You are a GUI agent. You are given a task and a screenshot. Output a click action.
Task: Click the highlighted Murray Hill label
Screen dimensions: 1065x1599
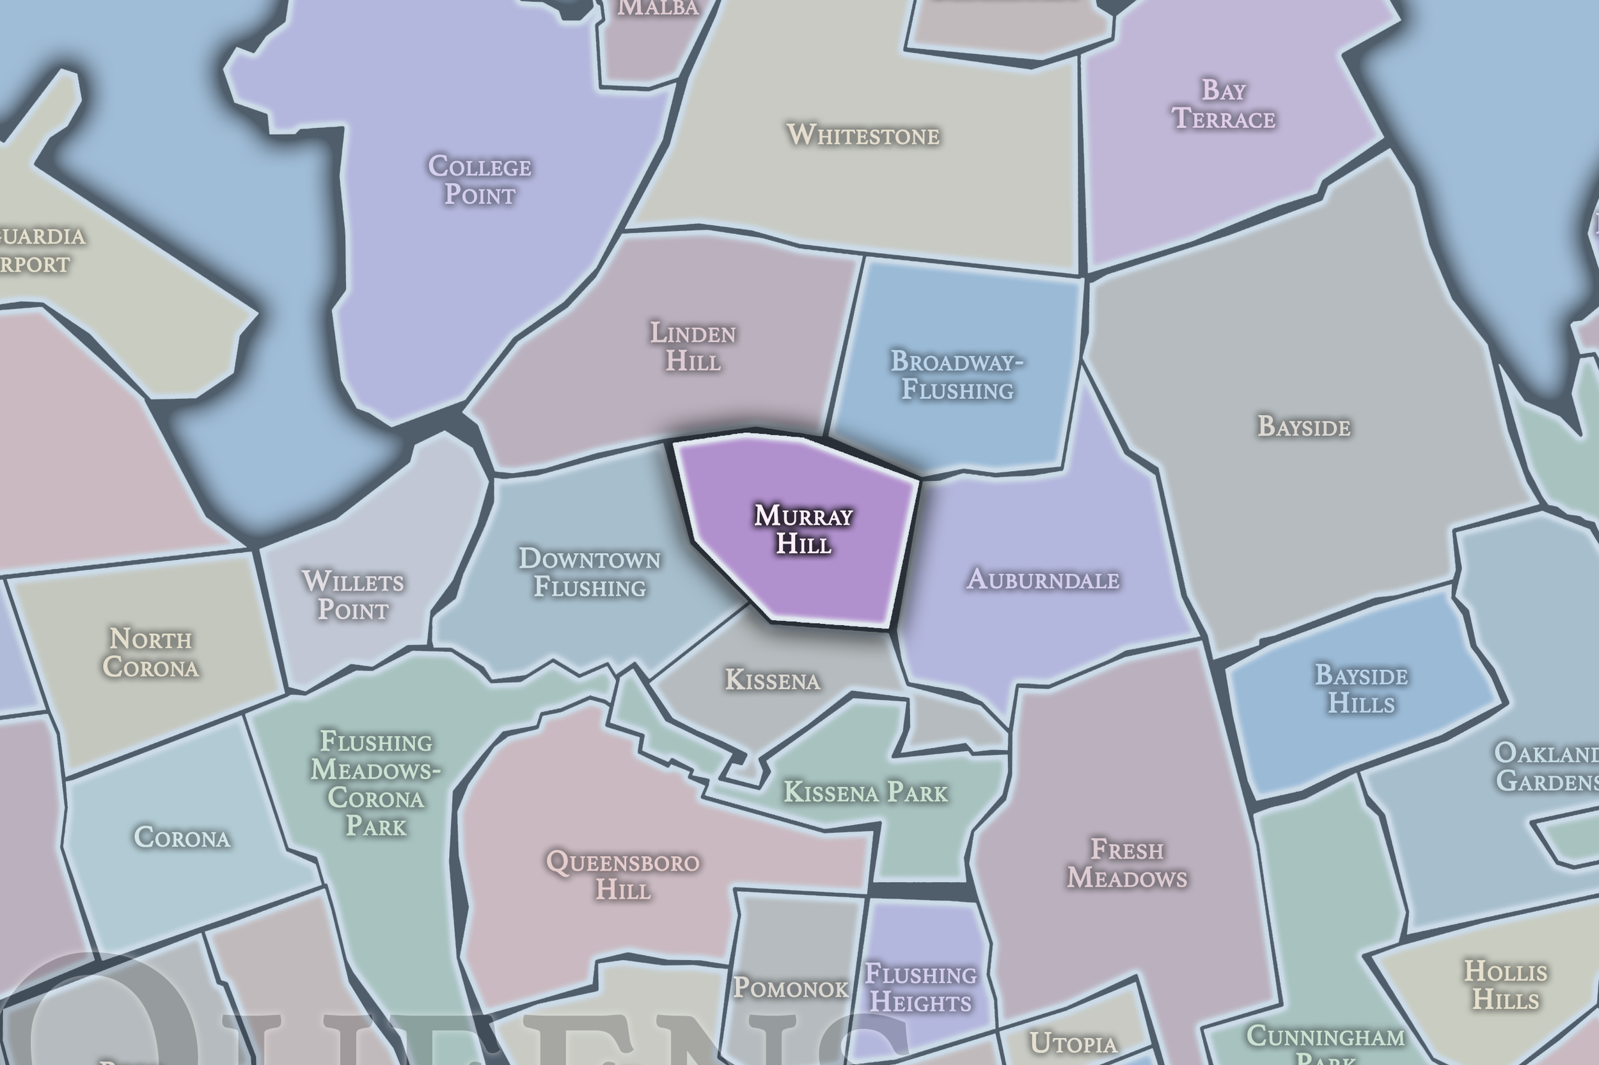coord(803,530)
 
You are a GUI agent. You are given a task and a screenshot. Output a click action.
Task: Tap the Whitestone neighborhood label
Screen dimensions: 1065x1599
coord(863,134)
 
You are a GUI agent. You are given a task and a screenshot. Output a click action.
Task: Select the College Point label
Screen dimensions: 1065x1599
coord(480,180)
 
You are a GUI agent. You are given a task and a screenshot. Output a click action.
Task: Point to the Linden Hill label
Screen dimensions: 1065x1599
coord(693,346)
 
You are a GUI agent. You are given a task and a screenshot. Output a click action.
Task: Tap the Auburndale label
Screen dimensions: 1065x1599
coord(1043,579)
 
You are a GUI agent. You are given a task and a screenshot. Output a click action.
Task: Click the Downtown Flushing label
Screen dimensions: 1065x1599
coord(589,573)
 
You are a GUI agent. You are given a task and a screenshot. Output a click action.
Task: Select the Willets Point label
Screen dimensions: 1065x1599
coord(352,596)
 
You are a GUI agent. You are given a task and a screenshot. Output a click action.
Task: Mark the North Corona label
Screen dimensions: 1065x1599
coord(151,653)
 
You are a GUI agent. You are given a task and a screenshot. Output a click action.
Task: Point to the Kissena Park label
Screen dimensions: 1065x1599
coord(865,792)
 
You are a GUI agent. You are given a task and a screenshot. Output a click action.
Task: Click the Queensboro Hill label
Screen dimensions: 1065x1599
coord(623,876)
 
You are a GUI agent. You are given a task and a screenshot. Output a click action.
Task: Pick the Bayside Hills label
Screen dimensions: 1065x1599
coord(1361,688)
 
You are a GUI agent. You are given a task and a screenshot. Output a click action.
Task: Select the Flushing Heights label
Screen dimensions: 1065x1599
coord(921,988)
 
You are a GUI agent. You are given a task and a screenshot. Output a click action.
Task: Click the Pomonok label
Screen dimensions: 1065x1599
coord(791,988)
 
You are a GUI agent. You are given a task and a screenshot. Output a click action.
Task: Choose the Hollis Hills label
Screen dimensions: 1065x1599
coord(1505,986)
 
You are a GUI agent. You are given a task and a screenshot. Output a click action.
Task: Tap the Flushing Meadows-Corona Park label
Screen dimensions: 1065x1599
coord(376,784)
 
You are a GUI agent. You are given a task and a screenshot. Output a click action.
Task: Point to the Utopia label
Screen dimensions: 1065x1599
coord(1073,1043)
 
